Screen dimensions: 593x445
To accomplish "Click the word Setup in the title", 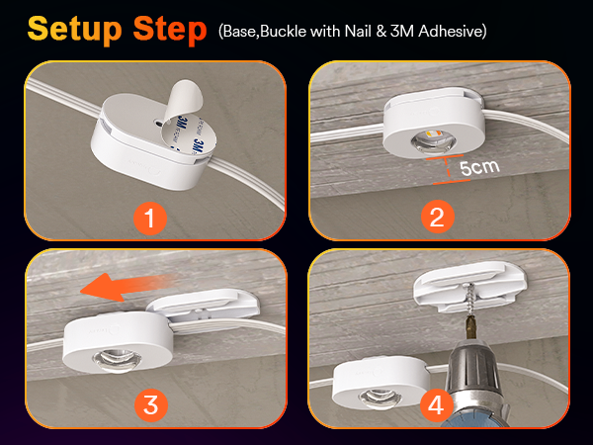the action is [74, 30].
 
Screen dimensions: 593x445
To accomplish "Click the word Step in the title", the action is [170, 30].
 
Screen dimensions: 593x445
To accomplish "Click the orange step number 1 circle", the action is [150, 219].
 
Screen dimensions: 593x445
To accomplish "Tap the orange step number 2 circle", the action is [438, 217].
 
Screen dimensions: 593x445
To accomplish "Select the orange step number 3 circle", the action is [151, 405].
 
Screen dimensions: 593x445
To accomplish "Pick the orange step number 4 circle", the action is [437, 406].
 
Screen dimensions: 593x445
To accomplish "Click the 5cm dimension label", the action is [479, 167].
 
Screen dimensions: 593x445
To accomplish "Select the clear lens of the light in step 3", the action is [117, 360].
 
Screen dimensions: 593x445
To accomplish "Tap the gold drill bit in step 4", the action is [470, 326].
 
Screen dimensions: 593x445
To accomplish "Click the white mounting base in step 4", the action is [470, 287].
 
